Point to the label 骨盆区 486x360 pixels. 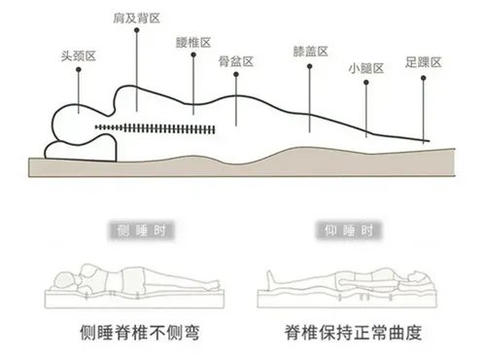click(235, 61)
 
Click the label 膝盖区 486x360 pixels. click(309, 52)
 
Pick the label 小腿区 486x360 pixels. click(366, 68)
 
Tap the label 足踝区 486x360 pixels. click(424, 62)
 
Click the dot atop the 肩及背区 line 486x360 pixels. click(135, 32)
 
